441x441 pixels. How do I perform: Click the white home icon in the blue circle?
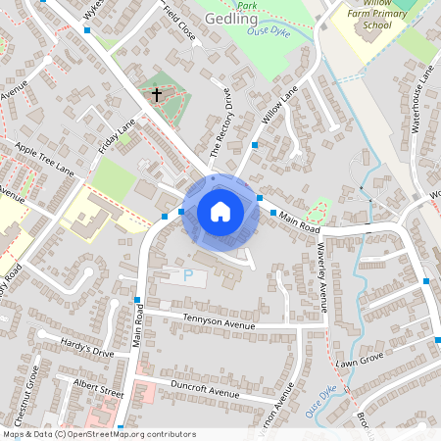point(220,211)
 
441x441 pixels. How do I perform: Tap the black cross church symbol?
point(156,95)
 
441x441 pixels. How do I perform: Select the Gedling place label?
point(232,19)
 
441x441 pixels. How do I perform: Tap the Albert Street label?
point(99,386)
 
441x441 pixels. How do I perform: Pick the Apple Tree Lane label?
point(43,158)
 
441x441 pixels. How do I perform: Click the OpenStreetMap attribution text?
point(99,434)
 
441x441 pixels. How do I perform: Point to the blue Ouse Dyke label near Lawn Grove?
point(322,403)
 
